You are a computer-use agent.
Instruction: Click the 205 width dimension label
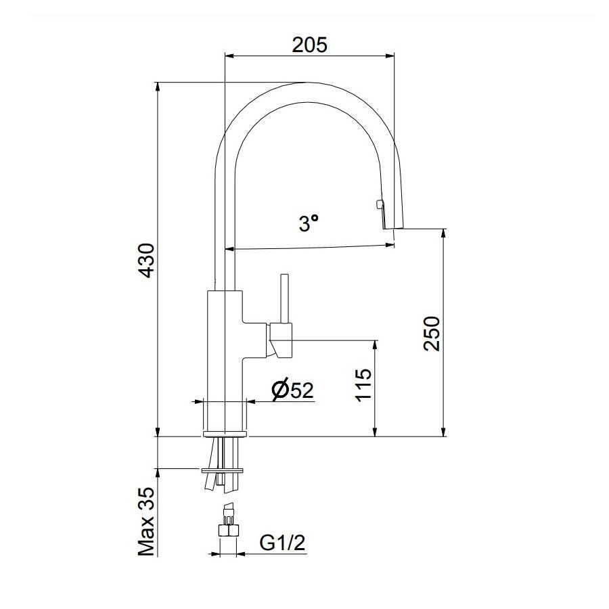(309, 45)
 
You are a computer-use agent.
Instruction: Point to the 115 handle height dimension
(363, 385)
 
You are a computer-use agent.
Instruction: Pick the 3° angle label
(308, 223)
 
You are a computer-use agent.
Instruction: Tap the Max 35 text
(147, 522)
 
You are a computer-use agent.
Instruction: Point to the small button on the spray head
(378, 204)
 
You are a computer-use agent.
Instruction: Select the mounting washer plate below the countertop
(223, 468)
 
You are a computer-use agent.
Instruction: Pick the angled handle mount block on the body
(279, 340)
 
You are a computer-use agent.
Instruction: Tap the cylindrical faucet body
(223, 359)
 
